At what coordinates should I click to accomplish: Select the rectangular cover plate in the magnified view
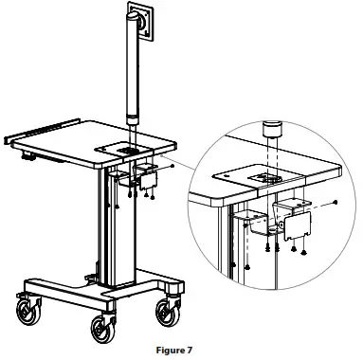pyautogui.click(x=299, y=222)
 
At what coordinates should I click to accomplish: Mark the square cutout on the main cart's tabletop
pyautogui.click(x=127, y=149)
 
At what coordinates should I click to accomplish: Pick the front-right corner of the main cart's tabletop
pyautogui.click(x=174, y=143)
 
